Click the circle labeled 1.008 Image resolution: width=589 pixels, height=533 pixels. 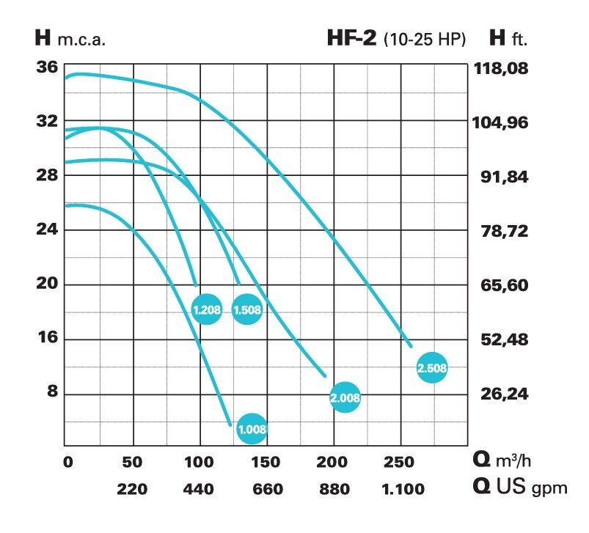click(x=252, y=429)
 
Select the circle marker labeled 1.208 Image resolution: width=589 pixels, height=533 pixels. click(x=206, y=309)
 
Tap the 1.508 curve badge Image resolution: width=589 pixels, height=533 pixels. click(x=247, y=309)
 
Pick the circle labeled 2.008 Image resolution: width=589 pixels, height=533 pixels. click(x=345, y=398)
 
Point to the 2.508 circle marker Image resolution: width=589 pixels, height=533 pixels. click(x=431, y=367)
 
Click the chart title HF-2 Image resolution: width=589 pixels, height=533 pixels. click(x=352, y=38)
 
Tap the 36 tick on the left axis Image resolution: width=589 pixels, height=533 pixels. click(x=46, y=67)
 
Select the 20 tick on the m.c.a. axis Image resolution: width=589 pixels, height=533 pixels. click(x=46, y=284)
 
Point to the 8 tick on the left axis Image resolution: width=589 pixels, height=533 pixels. click(x=52, y=393)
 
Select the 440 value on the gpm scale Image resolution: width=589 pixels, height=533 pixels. click(x=199, y=489)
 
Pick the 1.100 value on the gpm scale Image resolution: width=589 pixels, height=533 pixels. click(x=401, y=489)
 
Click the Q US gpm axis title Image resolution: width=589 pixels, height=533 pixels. click(x=519, y=488)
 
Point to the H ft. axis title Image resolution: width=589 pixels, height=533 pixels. click(x=508, y=38)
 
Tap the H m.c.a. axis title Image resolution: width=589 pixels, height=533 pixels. click(x=70, y=39)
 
